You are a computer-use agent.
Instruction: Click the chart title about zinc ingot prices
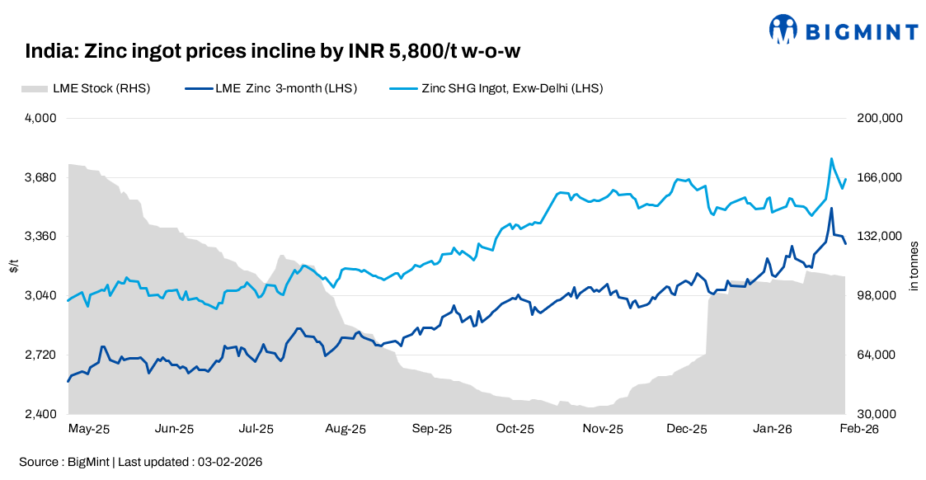tap(272, 52)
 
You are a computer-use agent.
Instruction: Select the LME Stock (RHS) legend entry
tap(86, 88)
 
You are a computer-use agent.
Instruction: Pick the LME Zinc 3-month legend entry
tap(271, 88)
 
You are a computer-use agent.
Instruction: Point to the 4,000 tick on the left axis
tap(40, 118)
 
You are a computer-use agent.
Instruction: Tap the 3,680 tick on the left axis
tap(40, 177)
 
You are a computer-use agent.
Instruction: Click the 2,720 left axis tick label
tap(40, 355)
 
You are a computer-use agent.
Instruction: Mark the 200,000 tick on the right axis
tap(882, 118)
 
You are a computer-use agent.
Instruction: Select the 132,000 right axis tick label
tap(882, 237)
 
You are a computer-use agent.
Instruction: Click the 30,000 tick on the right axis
tap(882, 414)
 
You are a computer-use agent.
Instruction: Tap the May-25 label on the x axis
tap(88, 429)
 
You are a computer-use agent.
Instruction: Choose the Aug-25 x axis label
tap(345, 429)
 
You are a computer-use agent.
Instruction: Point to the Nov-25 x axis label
tap(603, 429)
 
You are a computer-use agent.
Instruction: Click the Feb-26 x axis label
tap(858, 429)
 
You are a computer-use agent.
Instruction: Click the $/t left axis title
tap(14, 266)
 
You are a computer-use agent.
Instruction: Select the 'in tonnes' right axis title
tap(913, 266)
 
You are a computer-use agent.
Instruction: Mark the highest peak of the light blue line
tap(831, 158)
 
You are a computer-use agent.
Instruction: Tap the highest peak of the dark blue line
tap(831, 208)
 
